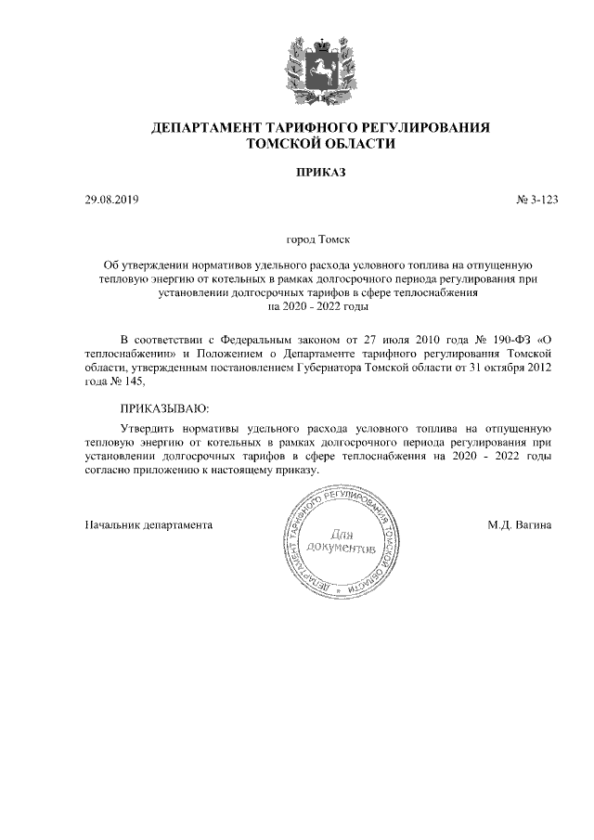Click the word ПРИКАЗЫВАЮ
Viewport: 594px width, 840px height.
[x=165, y=407]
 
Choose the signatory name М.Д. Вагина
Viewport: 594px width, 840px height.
[x=520, y=524]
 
